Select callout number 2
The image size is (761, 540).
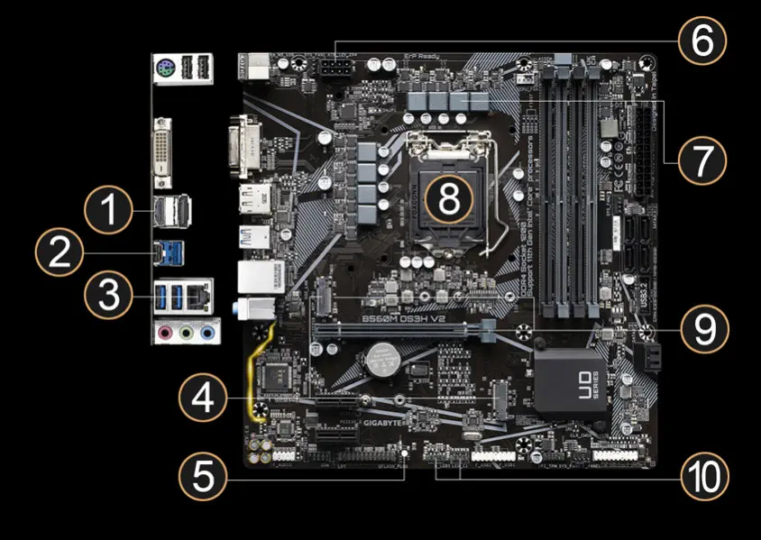click(x=60, y=253)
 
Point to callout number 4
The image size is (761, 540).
click(x=203, y=398)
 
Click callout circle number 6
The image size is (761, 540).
click(x=701, y=41)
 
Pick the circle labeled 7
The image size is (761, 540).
click(x=701, y=160)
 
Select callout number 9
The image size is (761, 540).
click(x=701, y=330)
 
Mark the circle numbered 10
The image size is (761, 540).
click(x=701, y=473)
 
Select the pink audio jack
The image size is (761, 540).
click(x=165, y=334)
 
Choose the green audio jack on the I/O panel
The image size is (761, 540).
click(x=186, y=334)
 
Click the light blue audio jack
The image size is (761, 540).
click(x=207, y=334)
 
